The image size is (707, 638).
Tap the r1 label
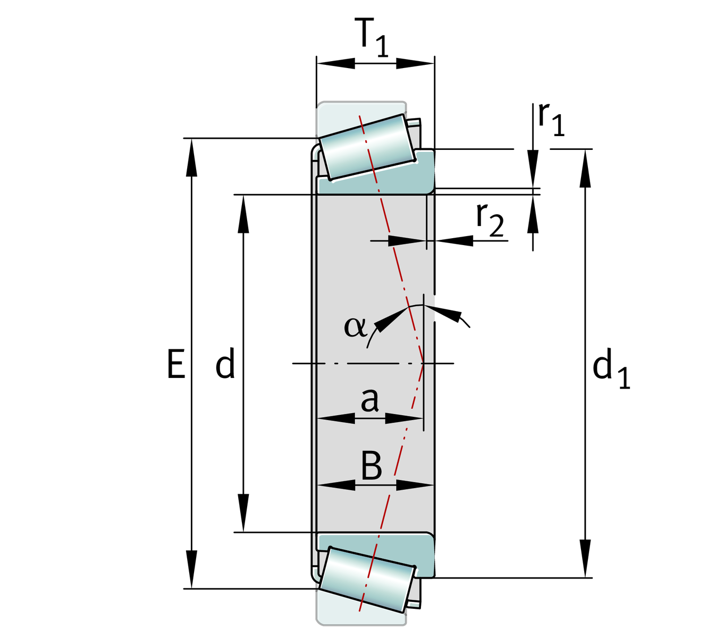[550, 120]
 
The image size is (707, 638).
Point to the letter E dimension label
[176, 365]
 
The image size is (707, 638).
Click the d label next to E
[225, 365]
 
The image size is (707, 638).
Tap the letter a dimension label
[369, 400]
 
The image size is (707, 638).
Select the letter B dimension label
[371, 466]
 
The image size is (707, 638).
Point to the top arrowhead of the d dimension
[243, 215]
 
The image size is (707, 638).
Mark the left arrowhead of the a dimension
[336, 418]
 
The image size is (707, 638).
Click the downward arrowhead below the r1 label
[533, 168]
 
